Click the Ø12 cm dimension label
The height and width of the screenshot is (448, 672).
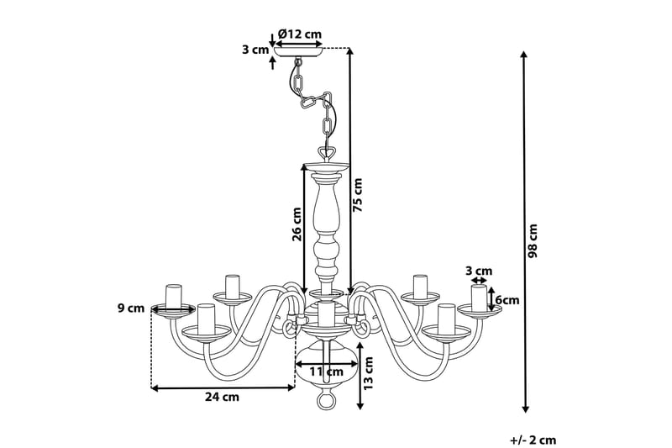coord(300,34)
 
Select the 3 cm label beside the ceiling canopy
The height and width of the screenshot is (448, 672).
coord(255,50)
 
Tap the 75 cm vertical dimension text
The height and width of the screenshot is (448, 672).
coord(360,196)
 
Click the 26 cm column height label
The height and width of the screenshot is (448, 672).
coord(297,224)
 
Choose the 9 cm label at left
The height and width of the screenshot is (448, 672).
coord(131,308)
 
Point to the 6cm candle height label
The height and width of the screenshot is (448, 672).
coord(507,300)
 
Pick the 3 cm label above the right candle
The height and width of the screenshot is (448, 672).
coord(480,271)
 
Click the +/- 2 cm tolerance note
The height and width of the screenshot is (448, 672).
coord(533,439)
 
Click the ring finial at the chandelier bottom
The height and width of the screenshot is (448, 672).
coord(326,402)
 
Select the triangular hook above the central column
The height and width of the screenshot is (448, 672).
coord(328,153)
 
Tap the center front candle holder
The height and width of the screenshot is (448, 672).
coord(327,318)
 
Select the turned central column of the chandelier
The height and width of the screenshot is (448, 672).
coord(327,223)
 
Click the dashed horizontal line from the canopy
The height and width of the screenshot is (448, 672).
coord(336,49)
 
